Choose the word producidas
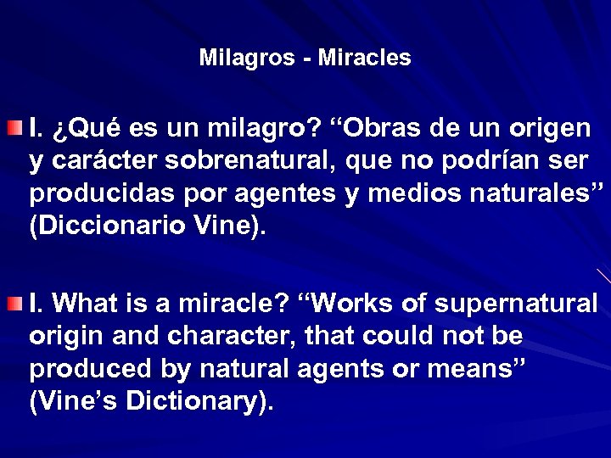(x=89, y=194)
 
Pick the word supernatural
(x=526, y=304)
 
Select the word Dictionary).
(x=199, y=401)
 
